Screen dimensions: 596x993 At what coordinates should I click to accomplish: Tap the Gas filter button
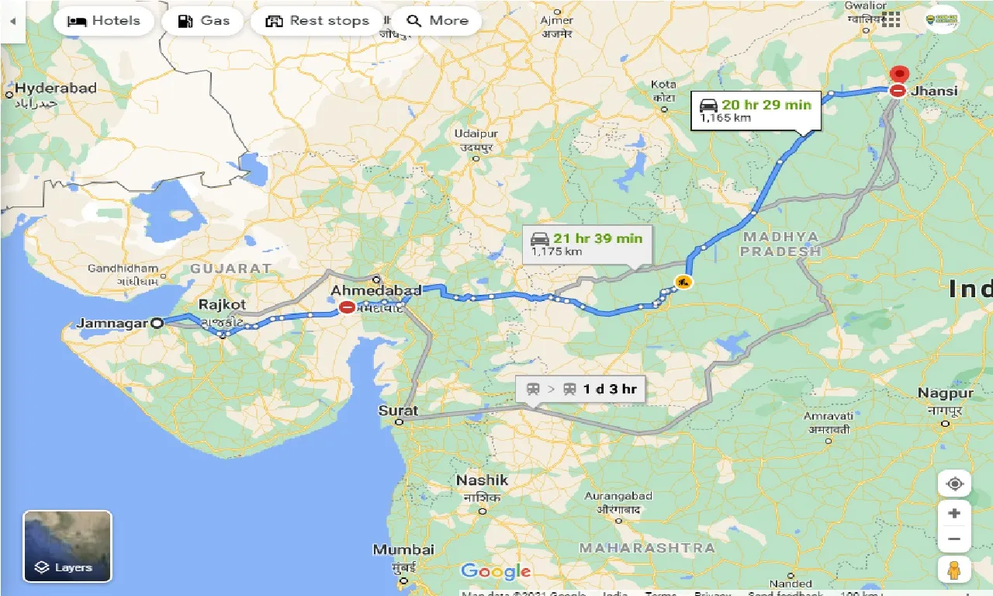203,21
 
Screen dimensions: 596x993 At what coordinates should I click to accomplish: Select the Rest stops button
317,21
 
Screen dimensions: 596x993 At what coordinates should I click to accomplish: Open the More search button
436,21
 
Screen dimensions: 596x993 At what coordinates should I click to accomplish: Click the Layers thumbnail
67,546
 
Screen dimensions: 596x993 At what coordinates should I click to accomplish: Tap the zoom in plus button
954,513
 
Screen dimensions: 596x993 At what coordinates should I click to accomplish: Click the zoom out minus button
954,539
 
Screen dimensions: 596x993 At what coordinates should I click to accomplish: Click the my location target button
954,483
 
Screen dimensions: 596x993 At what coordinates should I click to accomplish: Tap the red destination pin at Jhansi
899,75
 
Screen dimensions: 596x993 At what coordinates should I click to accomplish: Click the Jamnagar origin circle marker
157,323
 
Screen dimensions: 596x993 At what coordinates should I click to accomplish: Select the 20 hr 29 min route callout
755,110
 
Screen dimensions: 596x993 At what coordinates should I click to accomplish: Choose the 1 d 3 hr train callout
581,389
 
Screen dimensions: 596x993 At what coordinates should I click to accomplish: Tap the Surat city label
399,411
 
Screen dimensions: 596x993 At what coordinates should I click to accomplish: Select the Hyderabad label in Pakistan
55,88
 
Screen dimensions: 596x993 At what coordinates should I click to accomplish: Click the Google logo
496,572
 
